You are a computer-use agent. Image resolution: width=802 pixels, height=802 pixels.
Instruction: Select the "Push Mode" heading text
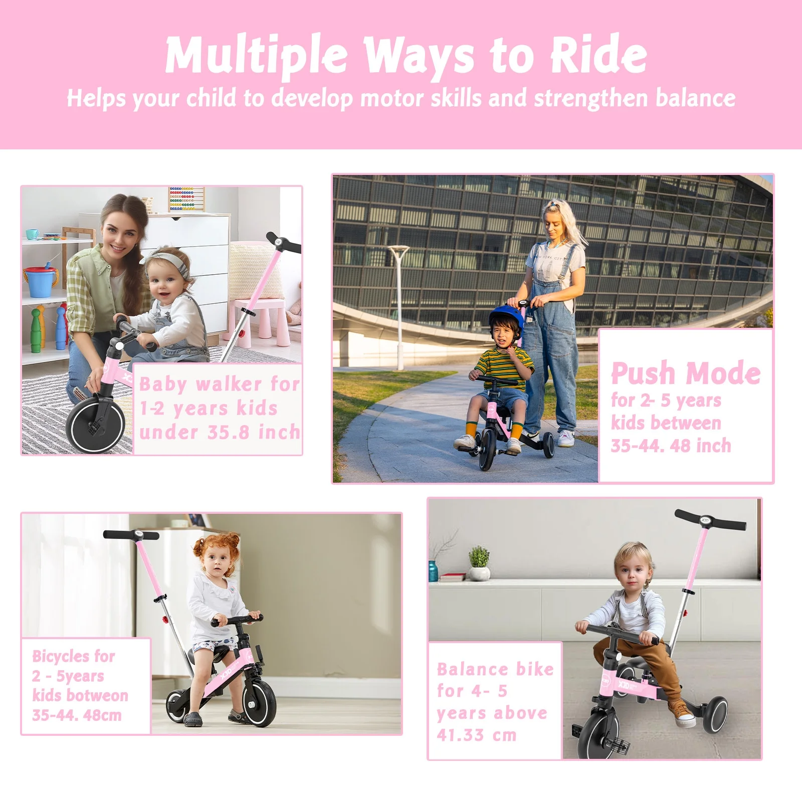(x=685, y=373)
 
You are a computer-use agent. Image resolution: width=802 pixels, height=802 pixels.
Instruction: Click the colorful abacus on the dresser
(x=186, y=198)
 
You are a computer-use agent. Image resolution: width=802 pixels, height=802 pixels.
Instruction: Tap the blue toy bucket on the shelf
(x=41, y=282)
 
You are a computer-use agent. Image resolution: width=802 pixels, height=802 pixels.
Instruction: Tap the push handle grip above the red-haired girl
(x=131, y=535)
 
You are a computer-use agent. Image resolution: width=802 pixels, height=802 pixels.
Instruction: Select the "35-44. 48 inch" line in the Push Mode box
(x=670, y=446)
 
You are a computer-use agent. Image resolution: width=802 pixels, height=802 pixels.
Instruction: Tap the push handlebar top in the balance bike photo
(x=710, y=520)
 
